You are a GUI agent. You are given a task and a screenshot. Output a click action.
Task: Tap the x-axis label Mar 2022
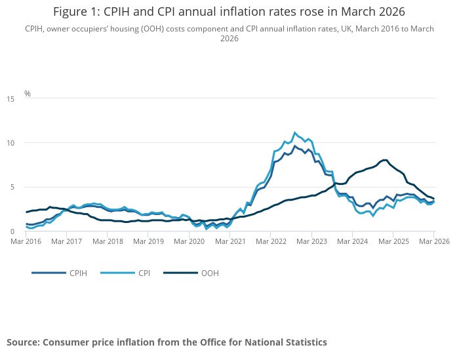click(271, 241)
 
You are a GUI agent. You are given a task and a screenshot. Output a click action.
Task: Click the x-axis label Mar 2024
click(353, 241)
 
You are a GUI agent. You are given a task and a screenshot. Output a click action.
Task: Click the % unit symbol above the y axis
click(28, 93)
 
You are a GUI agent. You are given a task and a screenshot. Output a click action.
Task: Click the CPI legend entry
click(143, 272)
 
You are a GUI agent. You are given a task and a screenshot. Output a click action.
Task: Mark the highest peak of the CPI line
click(295, 132)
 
